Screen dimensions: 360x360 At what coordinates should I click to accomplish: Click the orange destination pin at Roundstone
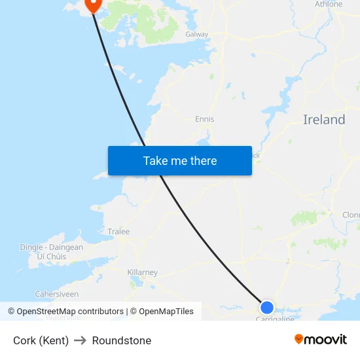92,4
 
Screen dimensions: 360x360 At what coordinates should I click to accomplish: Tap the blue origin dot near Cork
267,307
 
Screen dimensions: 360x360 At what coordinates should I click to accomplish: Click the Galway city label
196,34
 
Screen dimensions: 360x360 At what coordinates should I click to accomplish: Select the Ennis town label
204,119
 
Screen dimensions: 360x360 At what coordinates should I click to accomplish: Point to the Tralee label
118,232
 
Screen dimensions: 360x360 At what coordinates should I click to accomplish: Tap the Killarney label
142,272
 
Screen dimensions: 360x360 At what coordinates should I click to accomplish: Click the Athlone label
329,4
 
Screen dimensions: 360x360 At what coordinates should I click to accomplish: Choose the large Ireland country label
324,120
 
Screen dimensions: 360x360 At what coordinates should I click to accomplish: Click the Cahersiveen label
56,295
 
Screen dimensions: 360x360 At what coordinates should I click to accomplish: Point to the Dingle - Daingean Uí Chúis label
51,252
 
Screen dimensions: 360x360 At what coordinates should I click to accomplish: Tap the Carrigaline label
275,319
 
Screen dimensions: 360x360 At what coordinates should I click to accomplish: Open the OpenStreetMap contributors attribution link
70,312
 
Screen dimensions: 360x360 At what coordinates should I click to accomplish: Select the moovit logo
321,340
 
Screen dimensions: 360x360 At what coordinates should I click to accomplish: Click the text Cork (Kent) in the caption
41,340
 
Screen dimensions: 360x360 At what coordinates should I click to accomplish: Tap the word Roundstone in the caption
122,340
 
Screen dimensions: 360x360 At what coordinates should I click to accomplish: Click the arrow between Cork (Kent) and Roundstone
80,340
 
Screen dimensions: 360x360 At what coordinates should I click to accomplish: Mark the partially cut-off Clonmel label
351,215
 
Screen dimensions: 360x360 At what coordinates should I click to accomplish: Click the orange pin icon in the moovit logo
299,339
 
